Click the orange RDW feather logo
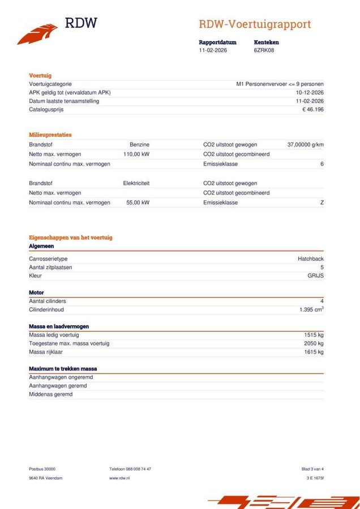coord(37,33)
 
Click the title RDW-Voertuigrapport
coord(254,24)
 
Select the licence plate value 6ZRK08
coord(264,50)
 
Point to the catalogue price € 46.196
coord(313,110)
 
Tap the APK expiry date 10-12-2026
coord(310,92)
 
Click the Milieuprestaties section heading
coord(50,135)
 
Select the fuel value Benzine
coord(139,145)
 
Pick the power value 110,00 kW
coord(136,154)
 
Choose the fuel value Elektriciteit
coord(136,183)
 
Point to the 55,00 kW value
coord(138,202)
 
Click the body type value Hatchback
coord(310,258)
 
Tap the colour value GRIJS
coord(315,276)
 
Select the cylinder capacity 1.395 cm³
coord(311,310)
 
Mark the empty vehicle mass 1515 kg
coord(314,335)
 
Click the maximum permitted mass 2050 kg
coord(314,343)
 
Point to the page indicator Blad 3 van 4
coord(312,469)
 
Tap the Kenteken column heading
coord(266,42)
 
